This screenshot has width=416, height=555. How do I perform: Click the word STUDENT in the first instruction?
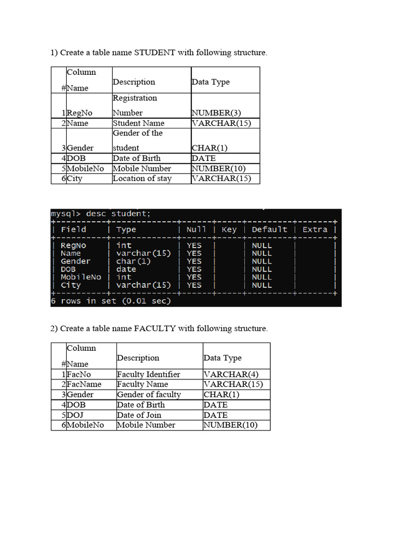[154, 53]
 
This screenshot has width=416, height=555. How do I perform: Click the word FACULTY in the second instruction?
[155, 328]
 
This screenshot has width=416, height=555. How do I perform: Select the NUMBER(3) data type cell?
[216, 113]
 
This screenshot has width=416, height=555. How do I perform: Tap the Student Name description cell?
[138, 123]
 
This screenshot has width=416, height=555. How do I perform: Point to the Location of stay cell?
[142, 178]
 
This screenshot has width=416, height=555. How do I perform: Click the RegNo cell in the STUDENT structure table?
[80, 113]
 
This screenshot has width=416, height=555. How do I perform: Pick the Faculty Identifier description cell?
[148, 374]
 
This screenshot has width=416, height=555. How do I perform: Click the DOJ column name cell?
[75, 415]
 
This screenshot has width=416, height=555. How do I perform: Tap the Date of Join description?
[139, 415]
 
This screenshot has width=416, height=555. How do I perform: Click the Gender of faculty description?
[149, 395]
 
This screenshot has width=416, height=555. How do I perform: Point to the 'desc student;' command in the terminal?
[118, 214]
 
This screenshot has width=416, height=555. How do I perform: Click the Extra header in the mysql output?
[315, 229]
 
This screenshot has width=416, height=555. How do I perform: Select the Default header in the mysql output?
[269, 229]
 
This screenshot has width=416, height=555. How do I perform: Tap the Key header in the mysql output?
[229, 229]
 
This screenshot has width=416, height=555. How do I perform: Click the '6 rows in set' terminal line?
[110, 301]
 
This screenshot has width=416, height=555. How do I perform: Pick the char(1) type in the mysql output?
[133, 261]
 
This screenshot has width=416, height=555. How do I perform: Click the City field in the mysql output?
[70, 285]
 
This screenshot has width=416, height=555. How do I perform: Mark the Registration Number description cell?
[135, 105]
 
